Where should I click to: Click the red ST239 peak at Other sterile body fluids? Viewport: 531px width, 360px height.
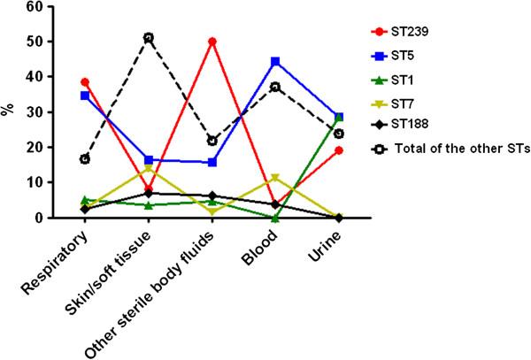(212, 42)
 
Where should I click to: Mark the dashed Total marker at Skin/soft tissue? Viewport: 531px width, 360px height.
(149, 38)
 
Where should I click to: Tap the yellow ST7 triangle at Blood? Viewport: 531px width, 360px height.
(276, 178)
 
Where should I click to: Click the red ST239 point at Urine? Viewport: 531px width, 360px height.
(340, 150)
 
